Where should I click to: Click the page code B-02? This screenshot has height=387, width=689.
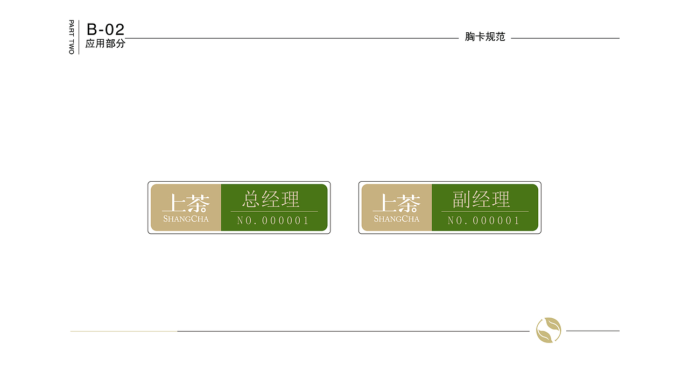106,30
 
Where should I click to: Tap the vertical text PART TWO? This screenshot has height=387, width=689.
72,37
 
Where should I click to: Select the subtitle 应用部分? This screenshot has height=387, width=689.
105,44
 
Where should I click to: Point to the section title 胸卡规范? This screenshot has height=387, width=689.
485,37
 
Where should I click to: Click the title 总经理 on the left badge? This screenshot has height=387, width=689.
271,199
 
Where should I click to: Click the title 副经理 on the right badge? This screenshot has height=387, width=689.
481,199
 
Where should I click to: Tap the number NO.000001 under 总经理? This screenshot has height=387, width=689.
273,220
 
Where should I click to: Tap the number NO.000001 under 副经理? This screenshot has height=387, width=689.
483,220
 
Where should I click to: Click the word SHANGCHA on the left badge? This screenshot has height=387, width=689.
186,219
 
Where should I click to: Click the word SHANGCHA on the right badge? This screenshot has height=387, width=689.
397,219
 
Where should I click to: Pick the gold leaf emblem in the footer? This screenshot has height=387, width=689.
549,330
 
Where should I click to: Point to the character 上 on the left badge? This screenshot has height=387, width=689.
174,203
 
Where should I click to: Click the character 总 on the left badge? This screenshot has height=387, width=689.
251,199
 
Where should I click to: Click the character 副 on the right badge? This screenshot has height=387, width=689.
462,199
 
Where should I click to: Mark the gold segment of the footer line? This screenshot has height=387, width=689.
123,331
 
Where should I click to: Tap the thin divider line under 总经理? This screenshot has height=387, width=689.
274,211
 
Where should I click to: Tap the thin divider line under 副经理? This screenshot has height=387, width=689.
484,211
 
